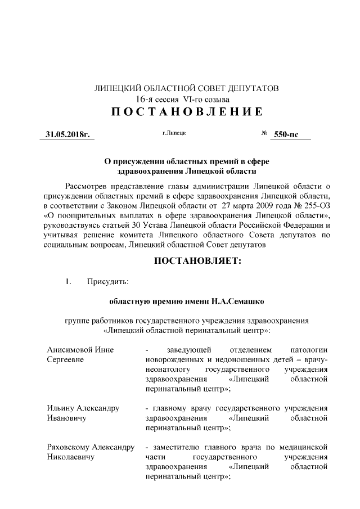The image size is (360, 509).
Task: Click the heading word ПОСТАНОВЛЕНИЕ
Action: (186, 111)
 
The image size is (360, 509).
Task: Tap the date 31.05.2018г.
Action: (68, 135)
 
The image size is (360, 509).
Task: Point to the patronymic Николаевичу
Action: (70, 457)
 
